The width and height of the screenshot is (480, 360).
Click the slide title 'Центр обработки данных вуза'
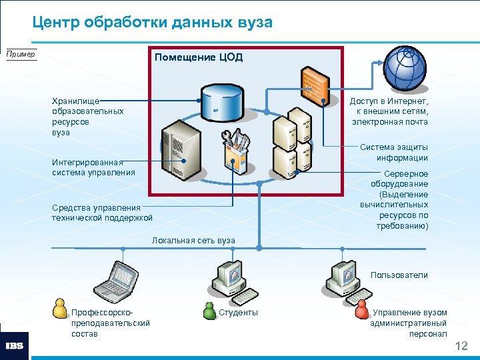coord(152,22)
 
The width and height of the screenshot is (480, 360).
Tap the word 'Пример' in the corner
coord(21,54)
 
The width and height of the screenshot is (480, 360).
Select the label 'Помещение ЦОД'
coord(199,57)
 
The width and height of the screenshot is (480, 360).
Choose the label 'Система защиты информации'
coord(394,152)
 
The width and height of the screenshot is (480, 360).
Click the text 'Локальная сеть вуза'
coord(193,240)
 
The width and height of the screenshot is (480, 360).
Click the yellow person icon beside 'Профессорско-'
coord(61,309)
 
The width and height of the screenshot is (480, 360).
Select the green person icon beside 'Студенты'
coord(209,309)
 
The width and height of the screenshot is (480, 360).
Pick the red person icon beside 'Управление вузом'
coord(362,309)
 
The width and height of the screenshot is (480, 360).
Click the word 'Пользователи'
coord(399,275)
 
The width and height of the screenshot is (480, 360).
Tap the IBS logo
coord(14,345)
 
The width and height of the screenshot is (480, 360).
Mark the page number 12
coord(461,345)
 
